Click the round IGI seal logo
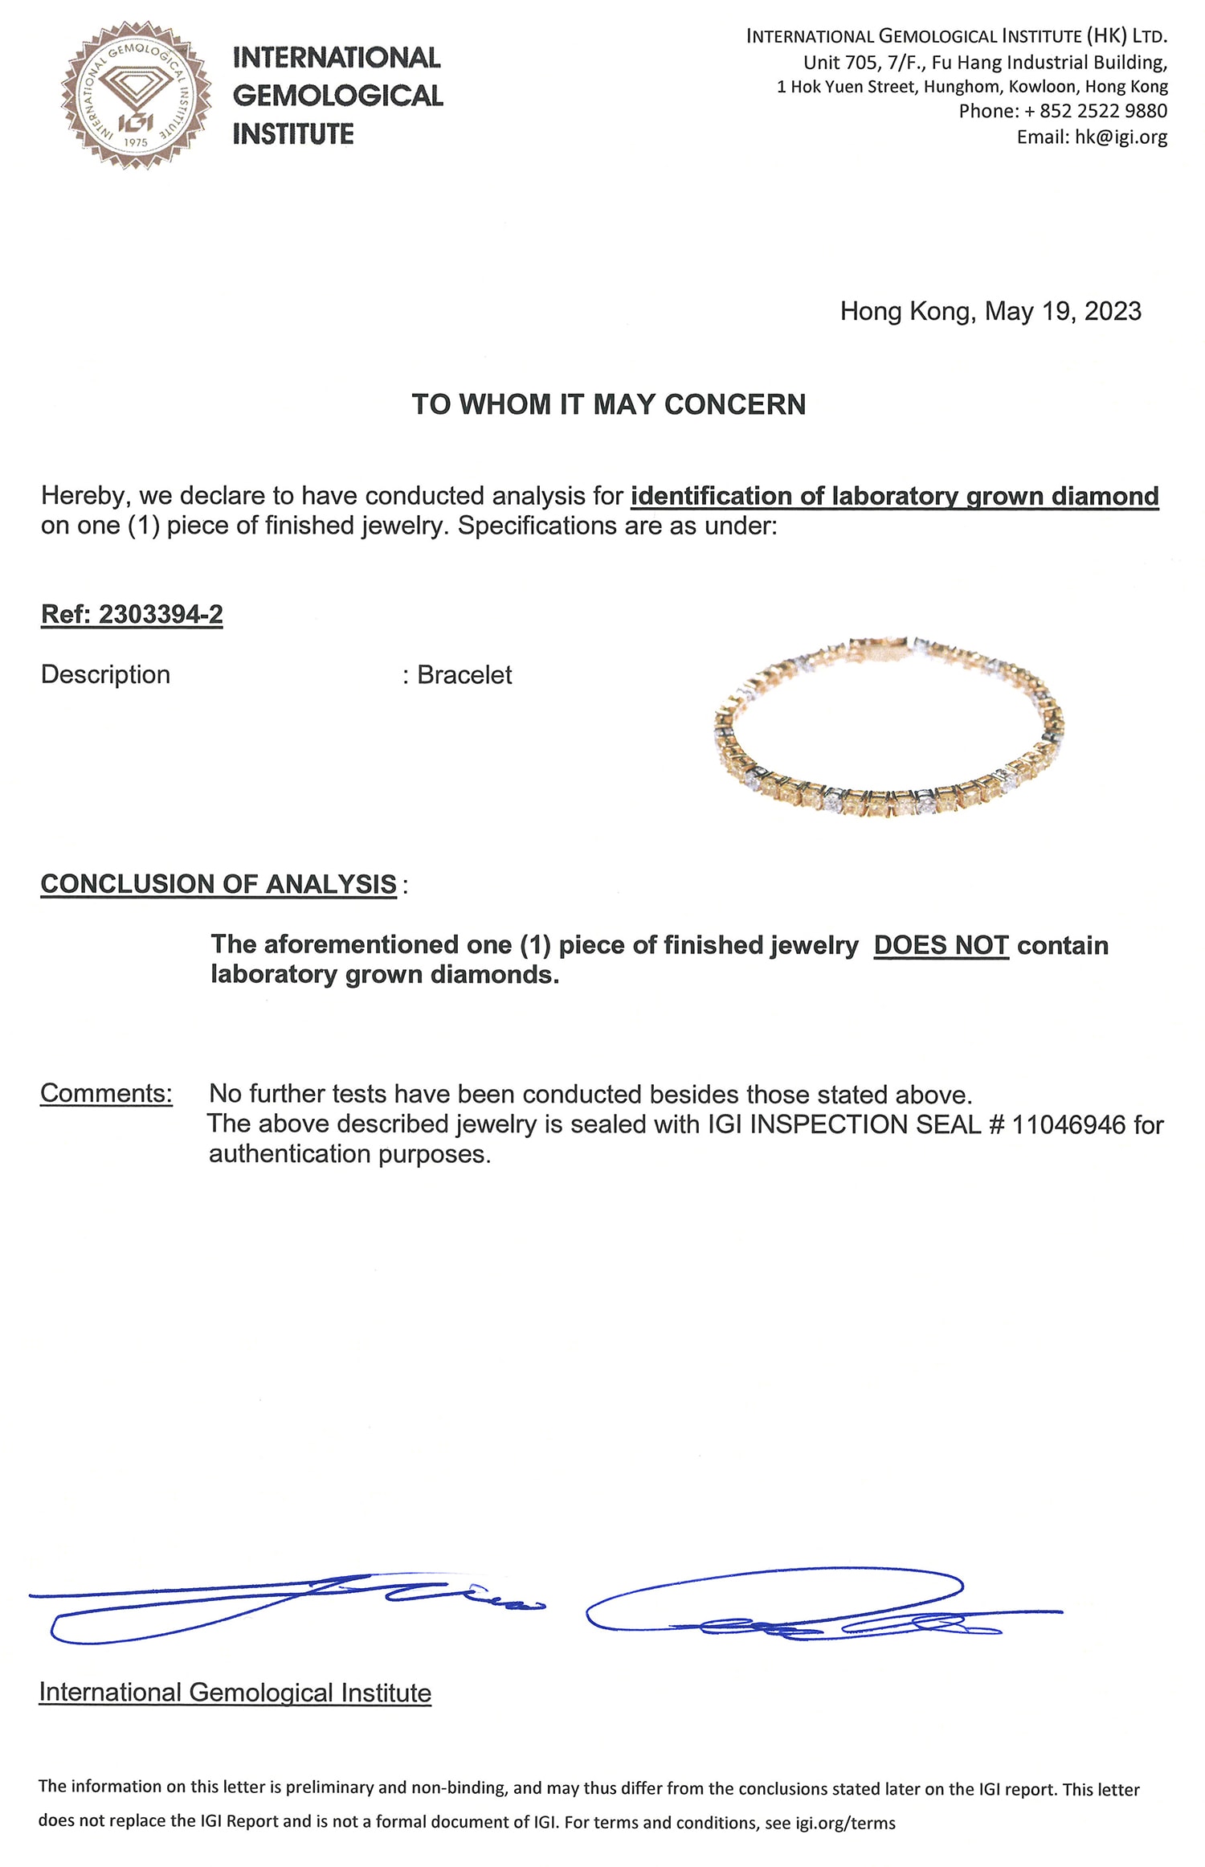[136, 95]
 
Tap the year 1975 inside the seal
[136, 142]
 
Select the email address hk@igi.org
[1121, 137]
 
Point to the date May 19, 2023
[1063, 311]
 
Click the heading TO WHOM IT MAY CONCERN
[608, 404]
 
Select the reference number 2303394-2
[161, 614]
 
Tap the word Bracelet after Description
[464, 674]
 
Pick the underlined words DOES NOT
[941, 945]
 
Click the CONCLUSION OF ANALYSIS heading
[219, 884]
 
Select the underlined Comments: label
[106, 1093]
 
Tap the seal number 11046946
[1068, 1124]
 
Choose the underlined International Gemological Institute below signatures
[235, 1693]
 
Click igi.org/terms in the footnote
[845, 1823]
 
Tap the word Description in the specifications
[105, 674]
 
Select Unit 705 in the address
[839, 63]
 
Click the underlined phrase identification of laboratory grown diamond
[894, 496]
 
